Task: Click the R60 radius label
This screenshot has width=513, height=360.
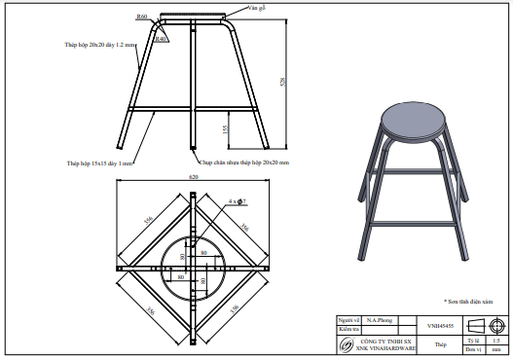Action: [x=142, y=17]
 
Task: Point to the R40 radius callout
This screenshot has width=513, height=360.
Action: [x=161, y=39]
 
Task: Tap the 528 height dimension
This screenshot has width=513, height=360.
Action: [x=283, y=83]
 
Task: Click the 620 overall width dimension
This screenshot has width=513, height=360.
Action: [x=194, y=177]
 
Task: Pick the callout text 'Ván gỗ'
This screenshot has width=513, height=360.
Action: [x=257, y=7]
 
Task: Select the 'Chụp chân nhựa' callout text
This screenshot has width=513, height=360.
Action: [x=244, y=163]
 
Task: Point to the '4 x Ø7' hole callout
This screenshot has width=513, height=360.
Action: [x=237, y=201]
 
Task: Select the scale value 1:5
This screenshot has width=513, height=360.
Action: [x=497, y=340]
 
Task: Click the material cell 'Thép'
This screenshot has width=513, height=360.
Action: [x=440, y=344]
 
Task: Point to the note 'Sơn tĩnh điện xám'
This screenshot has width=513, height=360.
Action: [x=474, y=302]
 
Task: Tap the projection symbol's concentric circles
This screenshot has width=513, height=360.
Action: [x=497, y=324]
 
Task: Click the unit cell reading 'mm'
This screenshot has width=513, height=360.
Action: [x=497, y=349]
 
